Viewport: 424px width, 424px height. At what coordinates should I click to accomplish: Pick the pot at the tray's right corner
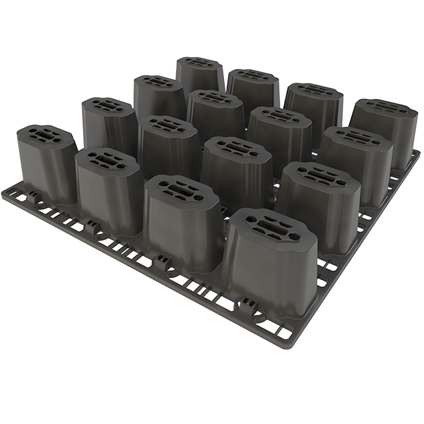point(384,134)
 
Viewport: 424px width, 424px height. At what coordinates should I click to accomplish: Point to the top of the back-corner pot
point(200,63)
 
